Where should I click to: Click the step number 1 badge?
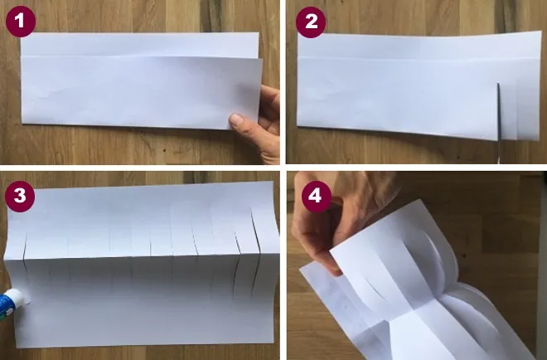point(21,22)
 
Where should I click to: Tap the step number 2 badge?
point(311,22)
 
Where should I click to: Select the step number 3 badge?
point(20,197)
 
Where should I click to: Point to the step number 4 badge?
point(316,197)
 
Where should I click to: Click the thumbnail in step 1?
point(237,120)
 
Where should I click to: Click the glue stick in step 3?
point(14,303)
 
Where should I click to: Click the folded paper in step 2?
point(419,86)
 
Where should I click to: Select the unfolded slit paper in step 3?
point(142,265)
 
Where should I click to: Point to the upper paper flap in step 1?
point(139,44)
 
